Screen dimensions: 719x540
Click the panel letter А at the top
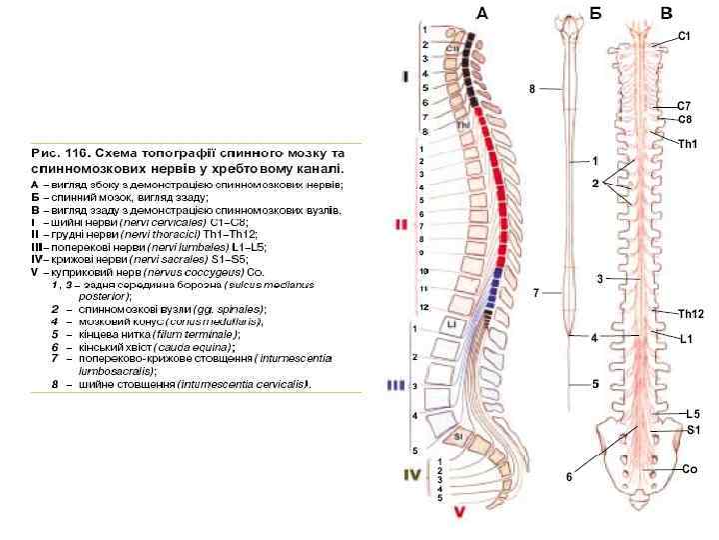482,13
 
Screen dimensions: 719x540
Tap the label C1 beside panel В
684,36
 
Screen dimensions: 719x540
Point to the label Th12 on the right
691,314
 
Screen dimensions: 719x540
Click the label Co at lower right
689,468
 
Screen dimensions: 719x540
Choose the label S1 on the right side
692,429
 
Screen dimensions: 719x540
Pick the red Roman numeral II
401,225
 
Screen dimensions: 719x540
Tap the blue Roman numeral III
396,384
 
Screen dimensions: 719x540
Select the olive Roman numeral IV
410,476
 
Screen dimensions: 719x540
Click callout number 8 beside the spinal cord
532,89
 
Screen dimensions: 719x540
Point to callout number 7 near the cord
536,293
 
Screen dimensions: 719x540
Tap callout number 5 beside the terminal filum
594,383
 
